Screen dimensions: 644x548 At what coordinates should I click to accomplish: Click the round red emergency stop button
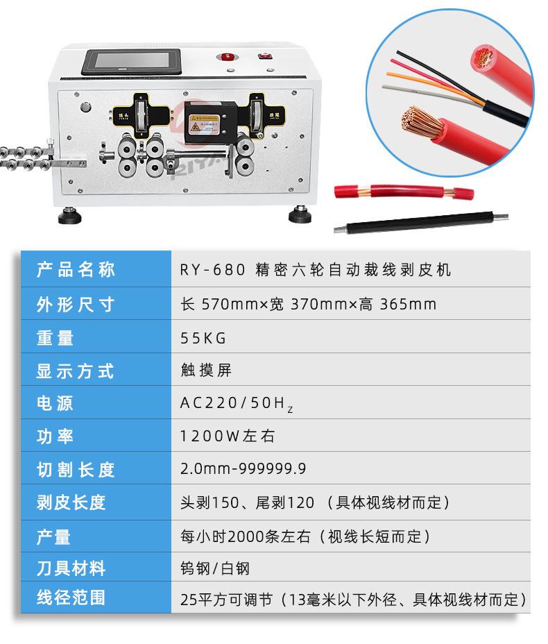pyautogui.click(x=225, y=57)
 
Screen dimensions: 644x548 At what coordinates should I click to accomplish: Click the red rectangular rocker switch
pyautogui.click(x=264, y=57)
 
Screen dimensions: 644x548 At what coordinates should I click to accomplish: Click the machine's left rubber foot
pyautogui.click(x=71, y=217)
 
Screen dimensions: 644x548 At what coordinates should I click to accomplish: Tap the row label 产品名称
pyautogui.click(x=76, y=269)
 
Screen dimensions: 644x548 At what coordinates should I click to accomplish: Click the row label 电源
pyautogui.click(x=55, y=403)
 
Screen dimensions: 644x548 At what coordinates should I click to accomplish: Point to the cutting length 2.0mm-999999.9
pyautogui.click(x=243, y=469)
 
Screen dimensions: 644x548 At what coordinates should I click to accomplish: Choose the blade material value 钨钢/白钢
pyautogui.click(x=214, y=569)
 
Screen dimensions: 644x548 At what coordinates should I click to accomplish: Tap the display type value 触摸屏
pyautogui.click(x=205, y=371)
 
